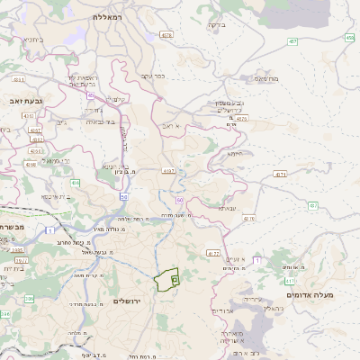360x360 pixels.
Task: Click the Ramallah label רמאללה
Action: [x=112, y=16]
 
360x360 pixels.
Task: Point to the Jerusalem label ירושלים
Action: [x=130, y=300]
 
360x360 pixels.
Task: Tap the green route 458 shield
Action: [x=349, y=38]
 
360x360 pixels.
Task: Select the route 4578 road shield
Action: [x=166, y=35]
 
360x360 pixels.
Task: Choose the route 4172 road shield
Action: [x=213, y=254]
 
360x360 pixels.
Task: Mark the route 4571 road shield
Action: [x=281, y=174]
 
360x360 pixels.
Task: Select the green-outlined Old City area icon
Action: [x=175, y=281]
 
